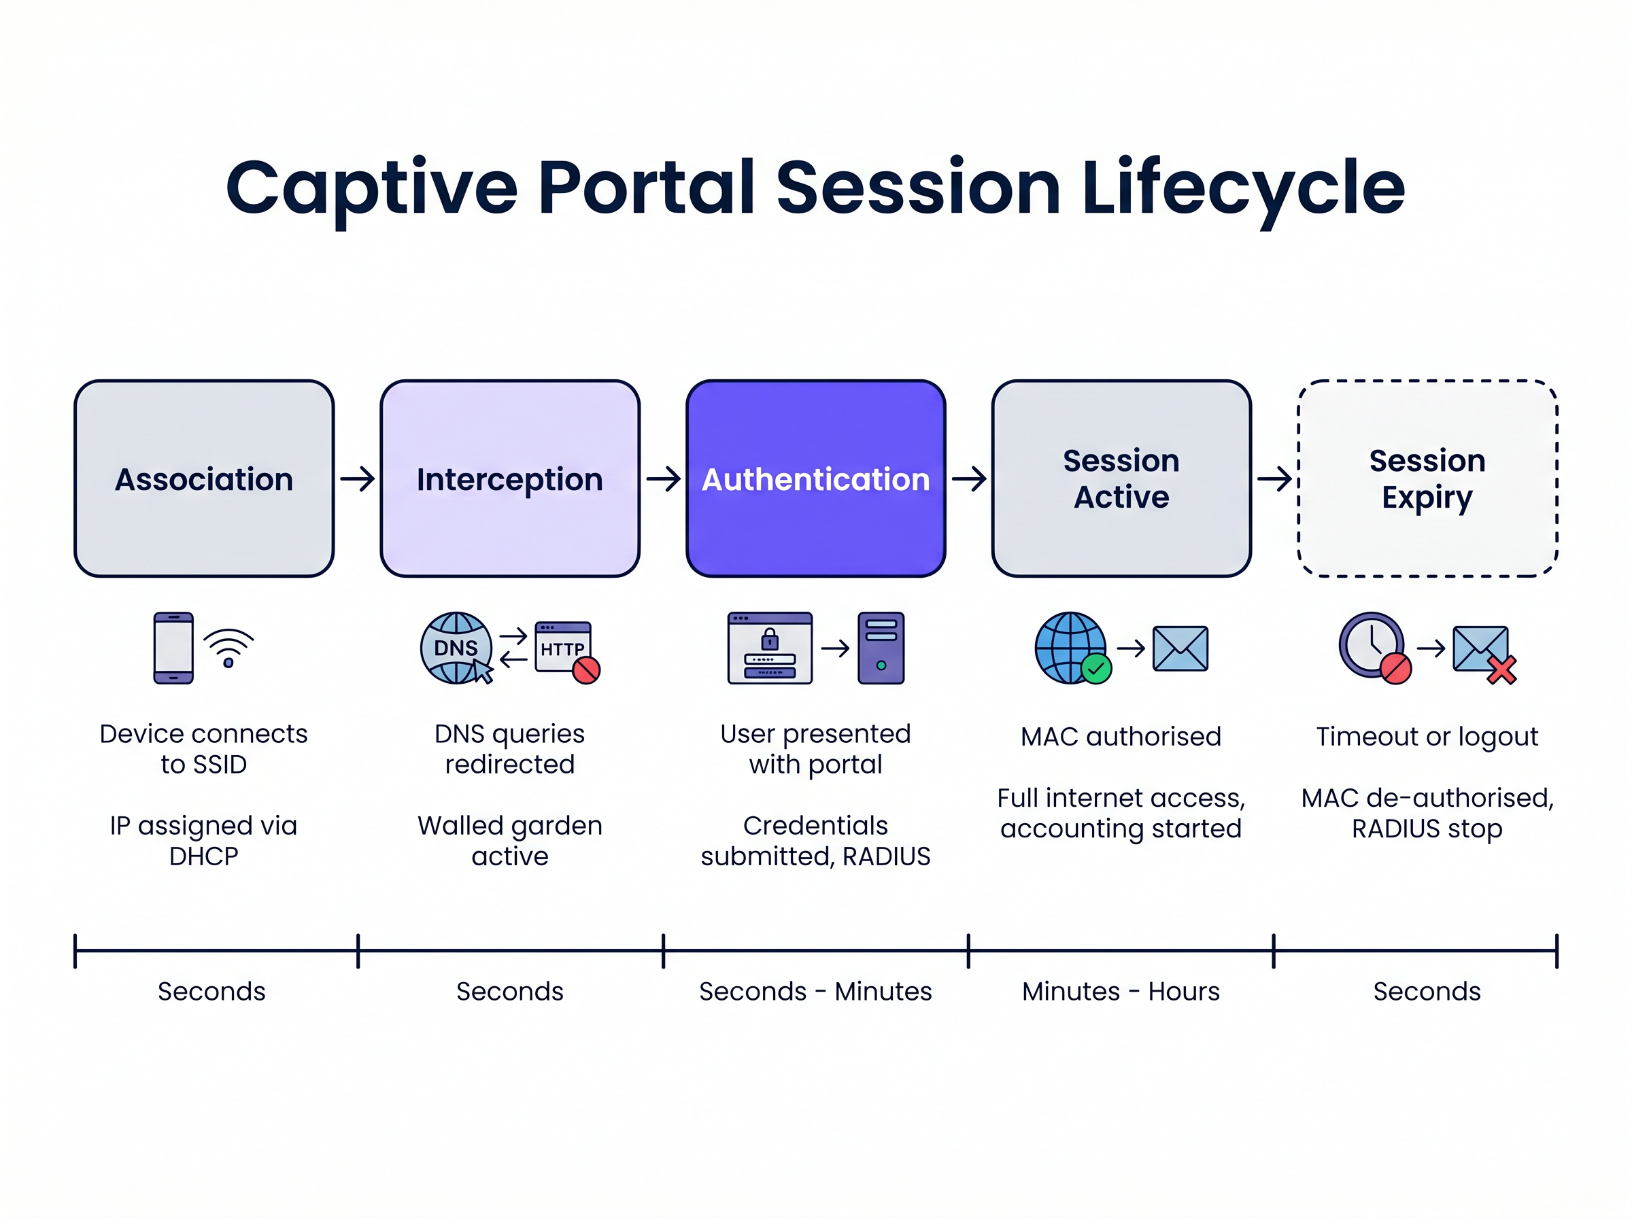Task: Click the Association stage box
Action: pos(203,478)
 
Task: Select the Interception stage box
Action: pos(509,478)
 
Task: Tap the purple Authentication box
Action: pos(815,478)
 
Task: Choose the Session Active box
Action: pos(1121,478)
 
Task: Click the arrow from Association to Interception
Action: pos(358,479)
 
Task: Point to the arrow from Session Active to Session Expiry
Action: pos(1274,479)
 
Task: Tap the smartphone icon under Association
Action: pos(173,648)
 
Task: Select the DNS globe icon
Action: pos(456,648)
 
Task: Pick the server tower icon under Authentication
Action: pos(881,648)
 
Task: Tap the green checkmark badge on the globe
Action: pos(1096,669)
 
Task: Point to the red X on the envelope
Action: pos(1501,669)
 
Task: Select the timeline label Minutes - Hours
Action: pos(1120,992)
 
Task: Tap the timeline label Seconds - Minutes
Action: pos(815,992)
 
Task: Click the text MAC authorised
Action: pos(1120,737)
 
